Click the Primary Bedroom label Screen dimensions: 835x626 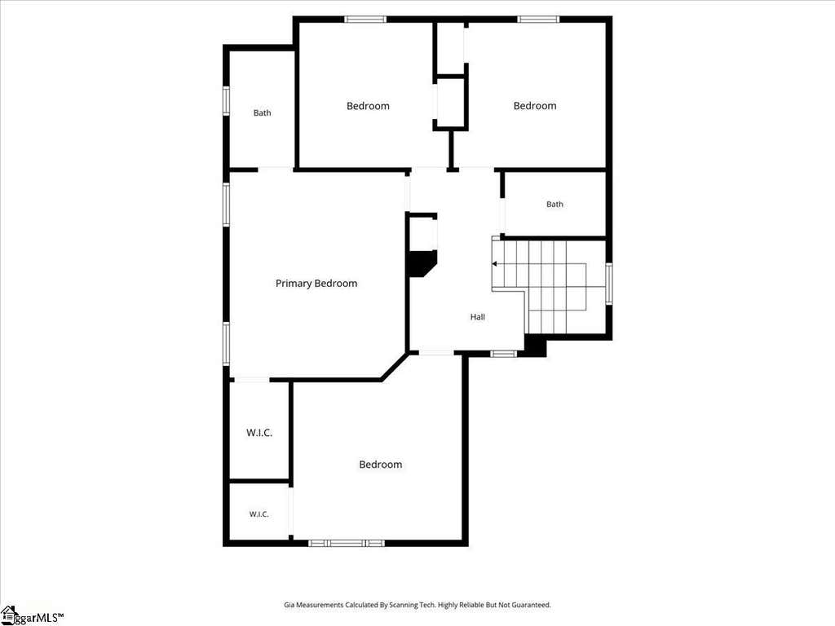tap(316, 283)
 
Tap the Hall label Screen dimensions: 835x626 tap(478, 317)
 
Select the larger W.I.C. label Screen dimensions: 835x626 tap(259, 433)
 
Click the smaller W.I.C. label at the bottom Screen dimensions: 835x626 tap(258, 514)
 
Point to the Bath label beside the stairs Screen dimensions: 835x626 tap(554, 204)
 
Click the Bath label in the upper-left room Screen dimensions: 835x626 tap(262, 112)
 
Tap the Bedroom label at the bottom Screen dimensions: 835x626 tap(380, 464)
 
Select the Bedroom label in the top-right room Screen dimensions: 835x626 tap(535, 105)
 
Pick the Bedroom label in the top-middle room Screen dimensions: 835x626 tap(368, 106)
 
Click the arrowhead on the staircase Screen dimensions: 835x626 tap(495, 264)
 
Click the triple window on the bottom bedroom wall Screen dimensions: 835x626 tap(347, 543)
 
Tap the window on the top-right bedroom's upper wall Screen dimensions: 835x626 tap(538, 20)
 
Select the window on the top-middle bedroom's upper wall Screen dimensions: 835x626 tap(365, 20)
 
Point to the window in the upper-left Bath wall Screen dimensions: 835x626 tap(227, 100)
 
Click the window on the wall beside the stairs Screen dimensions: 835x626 tap(608, 284)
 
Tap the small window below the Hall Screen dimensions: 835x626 tap(503, 354)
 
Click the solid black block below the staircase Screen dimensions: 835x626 tap(535, 346)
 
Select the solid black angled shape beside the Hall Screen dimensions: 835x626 tap(422, 263)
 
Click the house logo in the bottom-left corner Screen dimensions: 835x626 tap(8, 615)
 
